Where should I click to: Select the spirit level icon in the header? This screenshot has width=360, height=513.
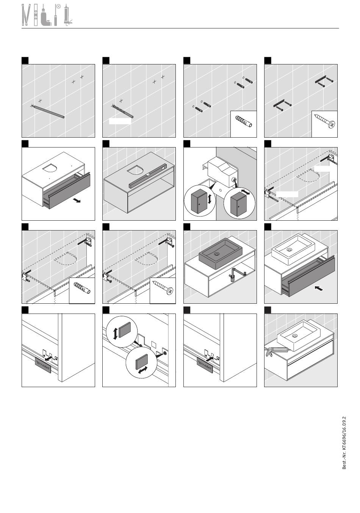pyautogui.click(x=36, y=15)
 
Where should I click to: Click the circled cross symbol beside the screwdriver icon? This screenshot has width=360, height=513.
pyautogui.click(x=59, y=7)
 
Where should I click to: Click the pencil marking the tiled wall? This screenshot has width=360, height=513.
pyautogui.click(x=48, y=111)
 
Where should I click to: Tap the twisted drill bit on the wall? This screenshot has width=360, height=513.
pyautogui.click(x=123, y=111)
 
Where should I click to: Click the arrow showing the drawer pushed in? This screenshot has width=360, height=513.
pyautogui.click(x=319, y=288)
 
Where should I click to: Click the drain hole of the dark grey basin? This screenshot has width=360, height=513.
pyautogui.click(x=216, y=254)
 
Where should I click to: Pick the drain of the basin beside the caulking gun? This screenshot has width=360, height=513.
pyautogui.click(x=295, y=336)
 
